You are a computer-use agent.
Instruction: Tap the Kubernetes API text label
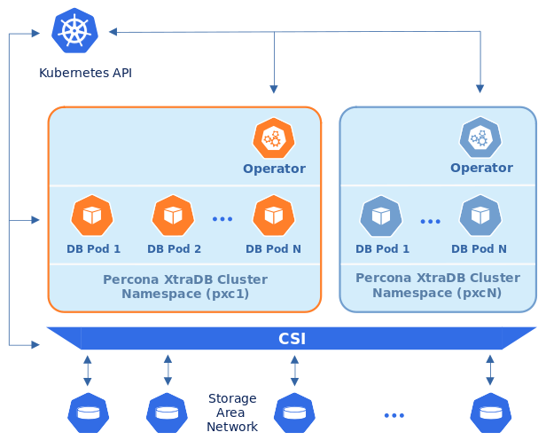click(85, 73)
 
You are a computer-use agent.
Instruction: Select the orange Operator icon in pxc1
click(274, 138)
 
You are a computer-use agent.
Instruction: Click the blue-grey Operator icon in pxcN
click(480, 138)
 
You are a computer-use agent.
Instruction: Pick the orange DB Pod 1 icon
click(92, 215)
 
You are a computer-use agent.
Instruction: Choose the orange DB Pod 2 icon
click(173, 215)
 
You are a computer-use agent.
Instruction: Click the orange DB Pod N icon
click(274, 215)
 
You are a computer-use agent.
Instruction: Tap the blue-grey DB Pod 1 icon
click(381, 216)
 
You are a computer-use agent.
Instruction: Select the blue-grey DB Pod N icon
click(480, 216)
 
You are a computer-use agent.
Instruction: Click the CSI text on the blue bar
click(292, 339)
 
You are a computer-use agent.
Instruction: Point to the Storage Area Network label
click(232, 413)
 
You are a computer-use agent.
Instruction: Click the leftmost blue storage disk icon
click(89, 413)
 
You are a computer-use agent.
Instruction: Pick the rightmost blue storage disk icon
click(490, 413)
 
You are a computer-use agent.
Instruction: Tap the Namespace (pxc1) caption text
click(184, 293)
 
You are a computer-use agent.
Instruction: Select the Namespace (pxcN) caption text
click(437, 292)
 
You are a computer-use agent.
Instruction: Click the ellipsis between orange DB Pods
click(222, 218)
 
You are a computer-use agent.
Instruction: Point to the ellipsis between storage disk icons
click(394, 415)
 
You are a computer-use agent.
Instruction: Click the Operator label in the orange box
click(274, 169)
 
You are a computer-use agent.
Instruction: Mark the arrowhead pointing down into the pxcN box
click(480, 89)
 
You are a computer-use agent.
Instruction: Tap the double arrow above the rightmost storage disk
click(490, 369)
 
